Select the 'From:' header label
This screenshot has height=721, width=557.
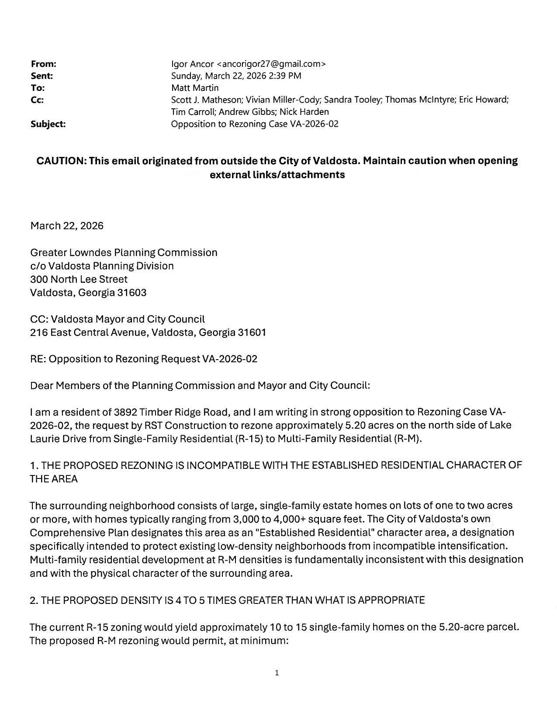[43, 64]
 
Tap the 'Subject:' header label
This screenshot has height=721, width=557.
[48, 124]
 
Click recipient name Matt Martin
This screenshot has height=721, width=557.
[195, 88]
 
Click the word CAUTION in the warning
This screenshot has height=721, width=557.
[61, 161]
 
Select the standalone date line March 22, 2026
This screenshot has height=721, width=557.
[67, 226]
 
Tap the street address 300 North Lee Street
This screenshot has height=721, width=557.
[79, 279]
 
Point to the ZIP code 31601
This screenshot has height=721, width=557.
[251, 333]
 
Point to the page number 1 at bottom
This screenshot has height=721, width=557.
[277, 673]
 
